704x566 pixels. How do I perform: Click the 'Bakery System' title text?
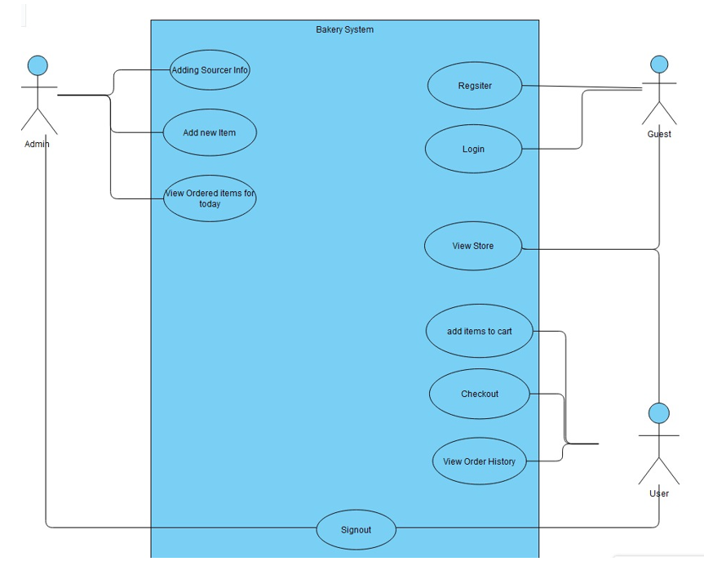pos(344,29)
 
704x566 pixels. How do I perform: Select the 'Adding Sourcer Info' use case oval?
pos(210,70)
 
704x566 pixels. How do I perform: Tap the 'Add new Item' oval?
pos(210,132)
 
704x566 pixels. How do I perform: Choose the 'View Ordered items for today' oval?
pos(210,198)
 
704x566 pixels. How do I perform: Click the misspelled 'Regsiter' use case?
pos(475,85)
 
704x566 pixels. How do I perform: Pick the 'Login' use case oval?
pos(473,149)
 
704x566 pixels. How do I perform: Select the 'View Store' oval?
pos(473,246)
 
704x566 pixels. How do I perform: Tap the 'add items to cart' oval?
pos(480,332)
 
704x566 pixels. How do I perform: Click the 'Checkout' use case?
pos(480,394)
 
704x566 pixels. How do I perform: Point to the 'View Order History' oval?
pos(480,461)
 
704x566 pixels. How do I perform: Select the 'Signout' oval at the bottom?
pos(356,530)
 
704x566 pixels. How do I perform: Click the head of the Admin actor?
pos(38,65)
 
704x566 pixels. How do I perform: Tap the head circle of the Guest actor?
pos(659,65)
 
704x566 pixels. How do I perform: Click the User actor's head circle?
pos(659,413)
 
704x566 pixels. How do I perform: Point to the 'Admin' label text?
pos(37,144)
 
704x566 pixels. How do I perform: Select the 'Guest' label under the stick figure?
pos(659,134)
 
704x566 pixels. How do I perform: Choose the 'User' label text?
pos(659,493)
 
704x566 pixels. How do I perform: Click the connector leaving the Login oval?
pos(555,149)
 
